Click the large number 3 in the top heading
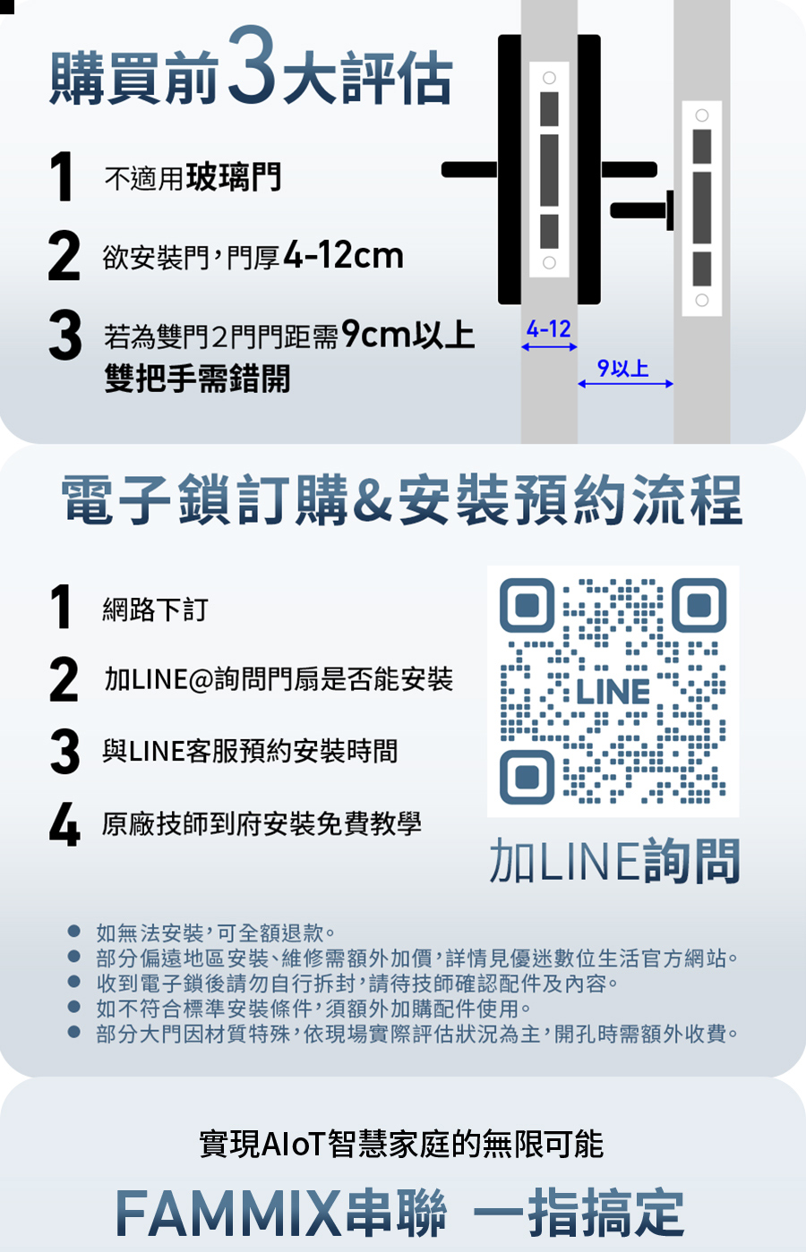point(253,65)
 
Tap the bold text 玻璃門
point(234,177)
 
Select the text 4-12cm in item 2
point(343,256)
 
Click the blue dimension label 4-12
point(548,329)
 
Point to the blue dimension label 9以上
point(623,368)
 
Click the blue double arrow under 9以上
point(625,384)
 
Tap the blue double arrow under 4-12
point(549,347)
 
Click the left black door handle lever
point(469,170)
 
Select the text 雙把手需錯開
point(197,379)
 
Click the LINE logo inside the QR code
point(613,692)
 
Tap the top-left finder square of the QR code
point(527,606)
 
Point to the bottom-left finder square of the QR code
point(527,776)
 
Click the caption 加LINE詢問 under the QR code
point(614,861)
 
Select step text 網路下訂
point(155,610)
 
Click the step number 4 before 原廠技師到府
point(64,824)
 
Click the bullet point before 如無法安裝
point(74,933)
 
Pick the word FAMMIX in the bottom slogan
point(227,1214)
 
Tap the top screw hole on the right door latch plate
point(702,115)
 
